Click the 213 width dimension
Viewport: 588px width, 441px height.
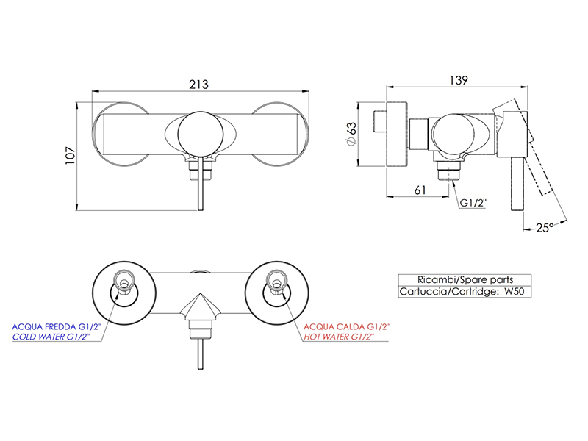(x=198, y=85)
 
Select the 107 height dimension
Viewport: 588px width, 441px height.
(x=70, y=155)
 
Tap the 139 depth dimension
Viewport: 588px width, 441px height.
(x=459, y=80)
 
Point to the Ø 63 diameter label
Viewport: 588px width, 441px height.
(x=351, y=134)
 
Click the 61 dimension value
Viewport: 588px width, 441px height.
(x=420, y=190)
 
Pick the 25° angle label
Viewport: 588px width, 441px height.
(x=545, y=228)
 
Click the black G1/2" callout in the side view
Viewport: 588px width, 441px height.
(x=473, y=203)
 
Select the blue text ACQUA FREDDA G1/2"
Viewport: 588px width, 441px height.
(x=57, y=327)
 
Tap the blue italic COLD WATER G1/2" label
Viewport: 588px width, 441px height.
(x=51, y=337)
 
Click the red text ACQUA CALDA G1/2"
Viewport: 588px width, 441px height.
(x=346, y=327)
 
